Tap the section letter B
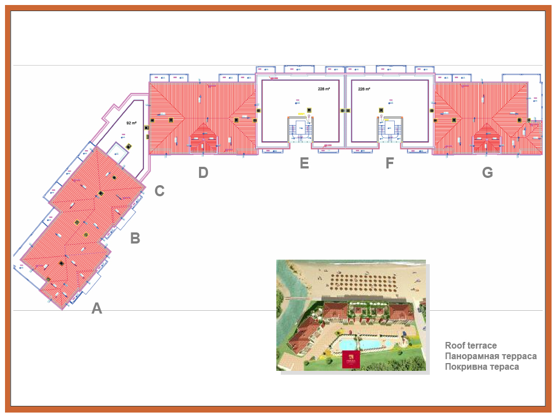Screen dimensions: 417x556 point(135,239)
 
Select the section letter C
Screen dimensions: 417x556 point(160,191)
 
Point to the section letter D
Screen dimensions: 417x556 point(203,173)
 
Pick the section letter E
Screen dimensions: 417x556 point(304,163)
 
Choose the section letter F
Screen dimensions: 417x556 point(390,163)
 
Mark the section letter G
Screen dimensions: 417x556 point(488,173)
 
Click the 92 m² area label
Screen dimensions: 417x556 point(132,122)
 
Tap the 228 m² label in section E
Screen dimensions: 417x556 point(324,89)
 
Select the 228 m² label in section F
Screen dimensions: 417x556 point(364,89)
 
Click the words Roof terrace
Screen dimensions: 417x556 point(471,346)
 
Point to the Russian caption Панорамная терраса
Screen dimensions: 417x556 point(491,356)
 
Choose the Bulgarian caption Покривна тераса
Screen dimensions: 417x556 point(482,367)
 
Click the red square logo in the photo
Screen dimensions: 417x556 point(351,359)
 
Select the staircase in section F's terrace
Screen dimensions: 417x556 point(391,131)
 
